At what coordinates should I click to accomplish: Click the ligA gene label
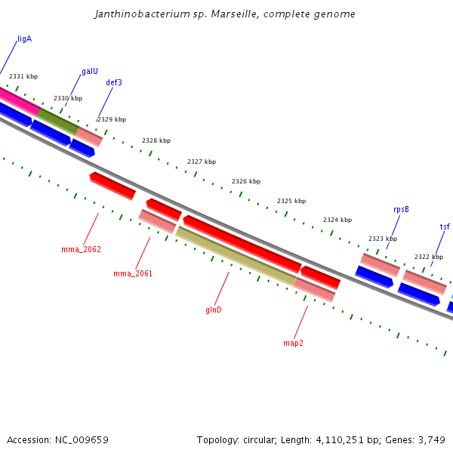24,39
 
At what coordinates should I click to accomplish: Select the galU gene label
90,71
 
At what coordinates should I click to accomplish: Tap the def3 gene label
114,82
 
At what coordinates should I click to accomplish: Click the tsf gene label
445,226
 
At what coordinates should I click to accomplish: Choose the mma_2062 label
81,249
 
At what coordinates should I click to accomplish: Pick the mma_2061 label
133,273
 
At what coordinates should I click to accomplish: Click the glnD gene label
214,310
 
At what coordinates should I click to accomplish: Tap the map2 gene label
293,343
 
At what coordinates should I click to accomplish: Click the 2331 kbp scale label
23,76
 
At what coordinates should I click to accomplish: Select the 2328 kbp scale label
156,140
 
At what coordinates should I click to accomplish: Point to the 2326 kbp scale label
246,181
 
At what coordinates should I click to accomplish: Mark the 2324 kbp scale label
337,220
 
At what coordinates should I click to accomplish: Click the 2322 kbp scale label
429,257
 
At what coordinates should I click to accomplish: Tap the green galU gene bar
57,121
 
